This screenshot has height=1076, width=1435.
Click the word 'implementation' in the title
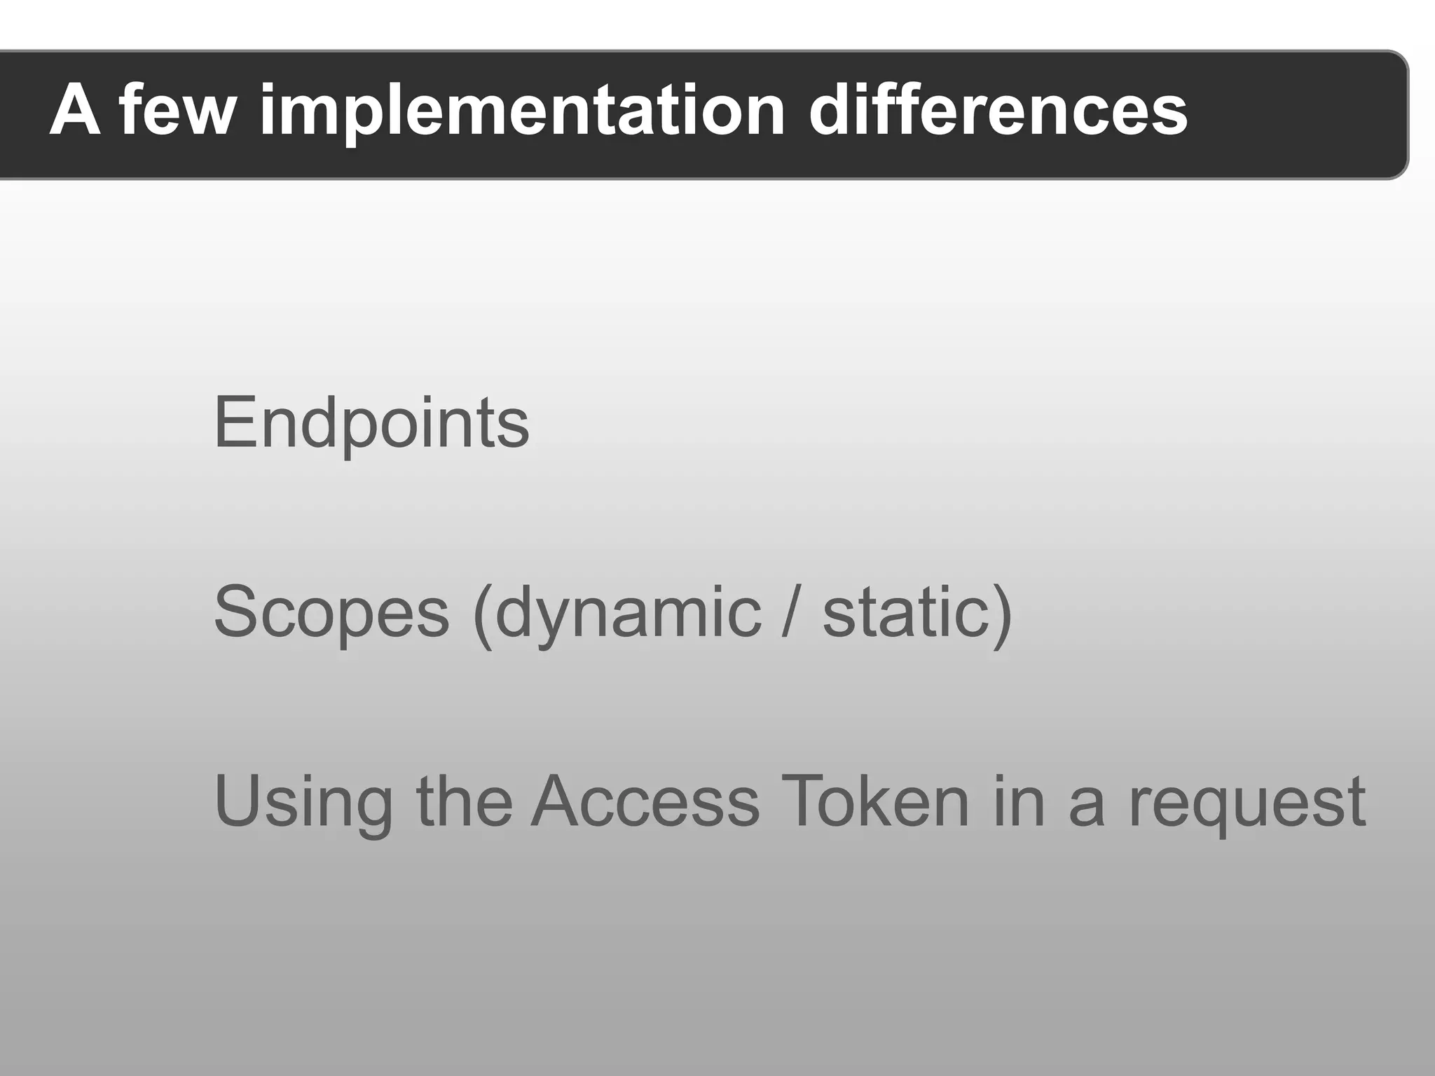[x=523, y=112]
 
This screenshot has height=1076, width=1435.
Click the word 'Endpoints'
[x=371, y=423]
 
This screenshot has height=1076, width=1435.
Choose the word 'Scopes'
[x=331, y=612]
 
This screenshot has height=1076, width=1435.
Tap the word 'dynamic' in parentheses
[x=628, y=614]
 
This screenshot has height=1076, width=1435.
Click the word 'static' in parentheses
[x=907, y=612]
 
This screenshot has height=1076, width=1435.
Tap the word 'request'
[x=1247, y=803]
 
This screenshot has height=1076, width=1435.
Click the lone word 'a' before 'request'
[x=1086, y=806]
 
